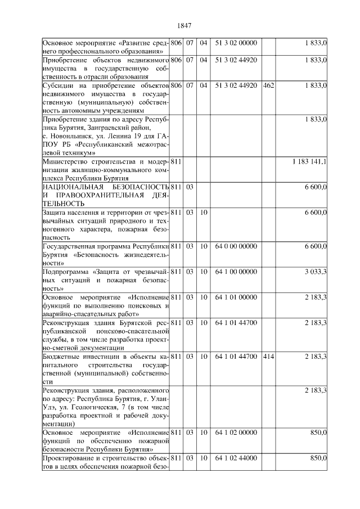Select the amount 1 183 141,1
[x=309, y=162]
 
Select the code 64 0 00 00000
[x=236, y=246]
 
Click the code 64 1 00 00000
[x=236, y=272]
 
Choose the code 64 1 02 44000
[x=236, y=460]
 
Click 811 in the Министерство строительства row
[x=175, y=162]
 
